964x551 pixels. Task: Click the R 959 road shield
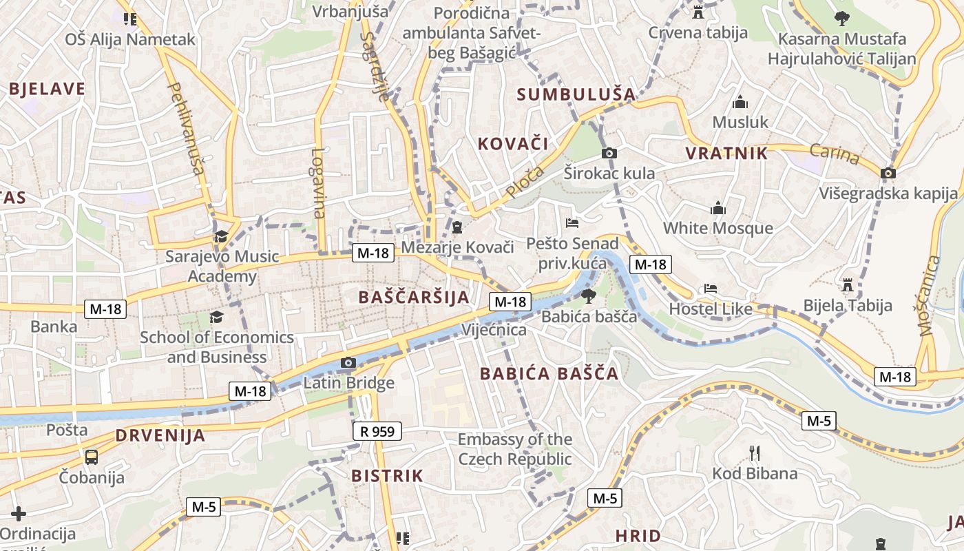pyautogui.click(x=377, y=432)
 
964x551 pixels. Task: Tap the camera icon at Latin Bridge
pyautogui.click(x=348, y=363)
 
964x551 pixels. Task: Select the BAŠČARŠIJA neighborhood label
pyautogui.click(x=414, y=298)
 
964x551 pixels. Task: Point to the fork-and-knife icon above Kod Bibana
pyautogui.click(x=755, y=453)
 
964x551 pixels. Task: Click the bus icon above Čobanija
pyautogui.click(x=91, y=457)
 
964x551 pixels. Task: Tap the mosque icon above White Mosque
pyautogui.click(x=718, y=208)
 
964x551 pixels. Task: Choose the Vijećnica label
pyautogui.click(x=494, y=330)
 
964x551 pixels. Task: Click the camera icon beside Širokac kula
pyautogui.click(x=609, y=153)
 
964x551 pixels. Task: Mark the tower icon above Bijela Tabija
pyautogui.click(x=848, y=284)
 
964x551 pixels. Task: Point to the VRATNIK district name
pyautogui.click(x=726, y=154)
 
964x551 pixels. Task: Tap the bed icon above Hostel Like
pyautogui.click(x=711, y=289)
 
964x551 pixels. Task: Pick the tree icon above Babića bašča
pyautogui.click(x=589, y=297)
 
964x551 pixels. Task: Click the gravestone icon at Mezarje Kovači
pyautogui.click(x=457, y=227)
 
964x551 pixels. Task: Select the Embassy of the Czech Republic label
pyautogui.click(x=515, y=449)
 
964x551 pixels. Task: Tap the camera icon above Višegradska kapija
pyautogui.click(x=888, y=173)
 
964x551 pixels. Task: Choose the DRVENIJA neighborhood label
pyautogui.click(x=160, y=435)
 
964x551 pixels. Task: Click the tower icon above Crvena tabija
pyautogui.click(x=698, y=12)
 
